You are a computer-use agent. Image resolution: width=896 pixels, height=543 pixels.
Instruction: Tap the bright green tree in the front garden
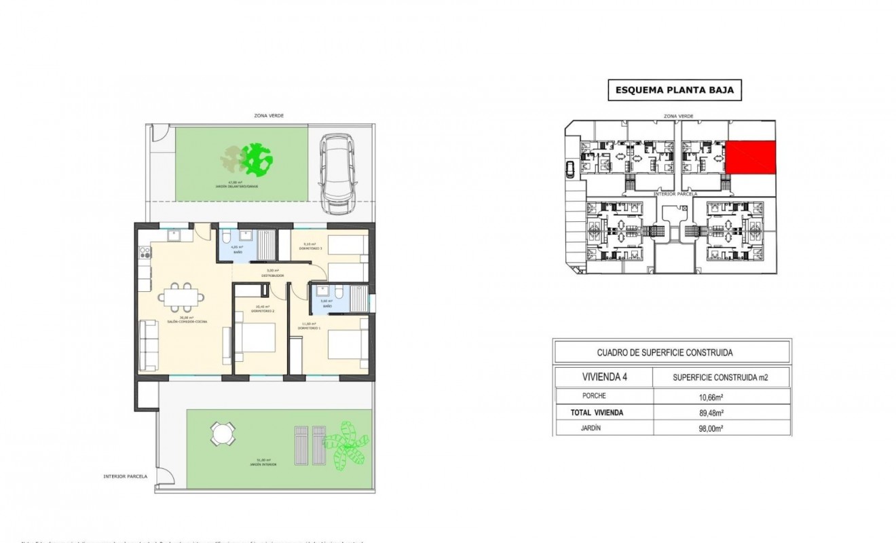click(x=259, y=158)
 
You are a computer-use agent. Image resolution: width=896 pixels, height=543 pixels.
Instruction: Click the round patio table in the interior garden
click(x=221, y=432)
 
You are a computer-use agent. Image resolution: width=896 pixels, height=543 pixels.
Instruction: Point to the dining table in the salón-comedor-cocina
click(x=181, y=297)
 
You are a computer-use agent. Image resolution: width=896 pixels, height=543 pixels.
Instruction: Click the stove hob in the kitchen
click(x=144, y=253)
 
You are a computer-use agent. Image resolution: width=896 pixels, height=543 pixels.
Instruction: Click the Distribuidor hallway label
click(x=273, y=274)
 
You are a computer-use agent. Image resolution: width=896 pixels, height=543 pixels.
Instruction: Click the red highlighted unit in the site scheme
click(x=751, y=157)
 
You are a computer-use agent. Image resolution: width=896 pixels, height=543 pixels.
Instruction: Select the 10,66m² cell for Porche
click(x=721, y=396)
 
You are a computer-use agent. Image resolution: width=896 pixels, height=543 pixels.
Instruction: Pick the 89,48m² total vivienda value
click(x=721, y=412)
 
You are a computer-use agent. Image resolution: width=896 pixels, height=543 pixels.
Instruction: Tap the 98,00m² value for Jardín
click(x=721, y=428)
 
